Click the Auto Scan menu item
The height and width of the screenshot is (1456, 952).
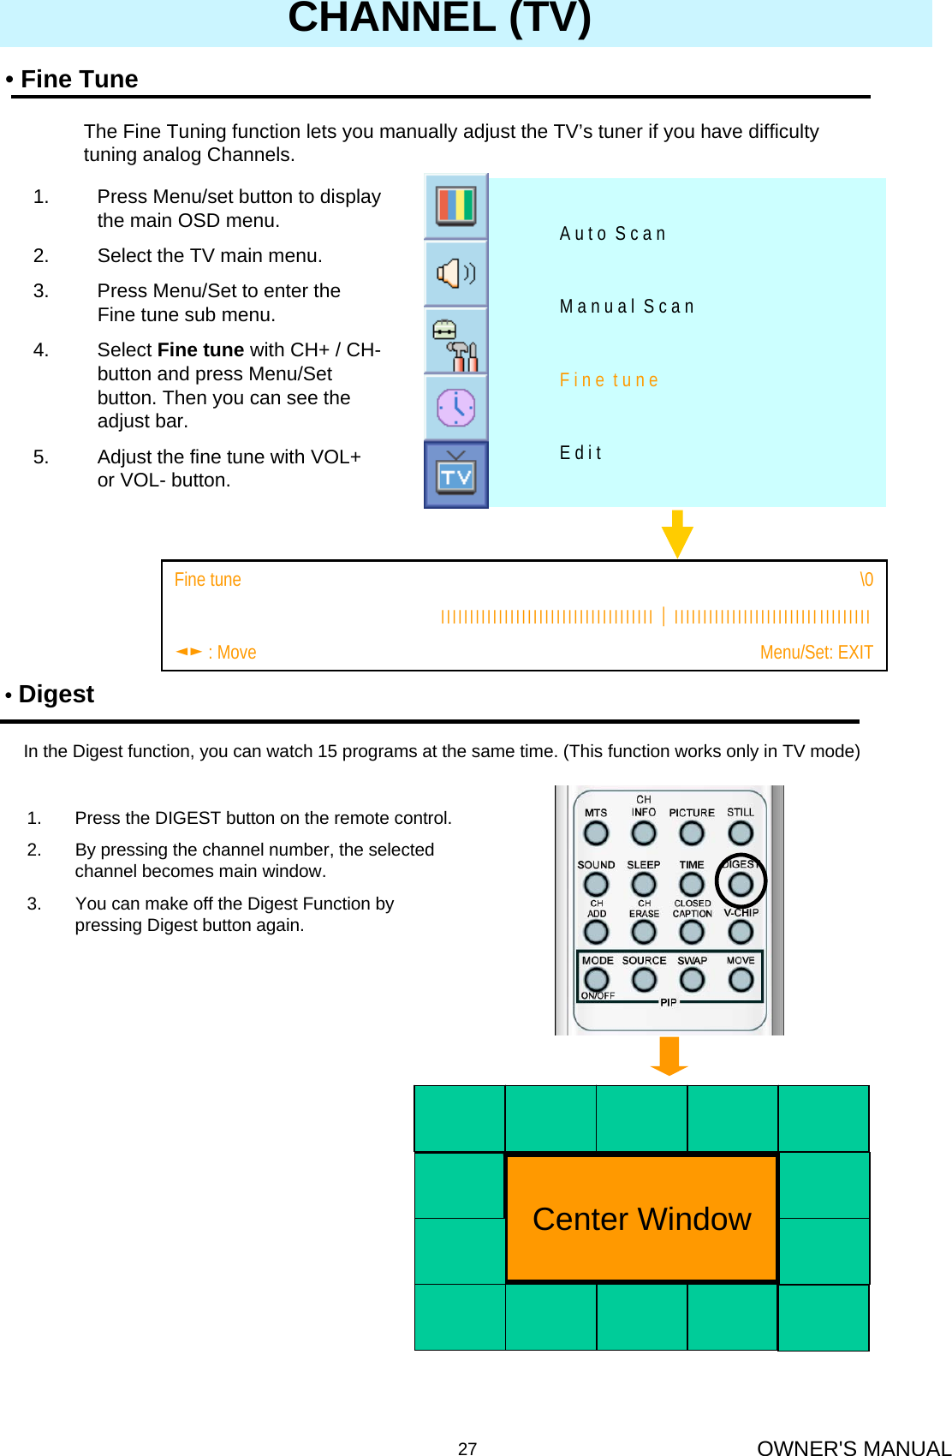[x=613, y=234]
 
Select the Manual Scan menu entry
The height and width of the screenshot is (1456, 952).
[x=627, y=307]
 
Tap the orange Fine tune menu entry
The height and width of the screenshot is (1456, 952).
[x=609, y=380]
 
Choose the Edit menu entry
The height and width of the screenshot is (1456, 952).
[x=581, y=453]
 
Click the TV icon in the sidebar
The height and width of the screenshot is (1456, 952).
[x=455, y=475]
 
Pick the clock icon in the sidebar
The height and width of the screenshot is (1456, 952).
[x=455, y=408]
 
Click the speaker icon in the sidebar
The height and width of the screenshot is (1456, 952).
[x=455, y=273]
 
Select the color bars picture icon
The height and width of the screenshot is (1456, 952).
[x=455, y=206]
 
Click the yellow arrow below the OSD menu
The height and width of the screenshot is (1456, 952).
[x=677, y=534]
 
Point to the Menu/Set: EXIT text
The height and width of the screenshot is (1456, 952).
[x=816, y=653]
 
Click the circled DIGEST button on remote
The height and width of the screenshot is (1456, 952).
[x=741, y=883]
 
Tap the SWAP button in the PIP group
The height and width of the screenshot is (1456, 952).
[x=692, y=979]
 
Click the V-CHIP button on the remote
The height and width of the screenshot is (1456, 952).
[x=741, y=931]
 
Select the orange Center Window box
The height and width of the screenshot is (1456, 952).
[x=641, y=1218]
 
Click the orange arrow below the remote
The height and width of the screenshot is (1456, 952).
[x=669, y=1056]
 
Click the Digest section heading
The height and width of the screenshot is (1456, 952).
[x=56, y=694]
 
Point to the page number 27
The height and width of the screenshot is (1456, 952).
[x=467, y=1448]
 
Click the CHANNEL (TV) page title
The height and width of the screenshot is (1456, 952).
[x=439, y=17]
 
